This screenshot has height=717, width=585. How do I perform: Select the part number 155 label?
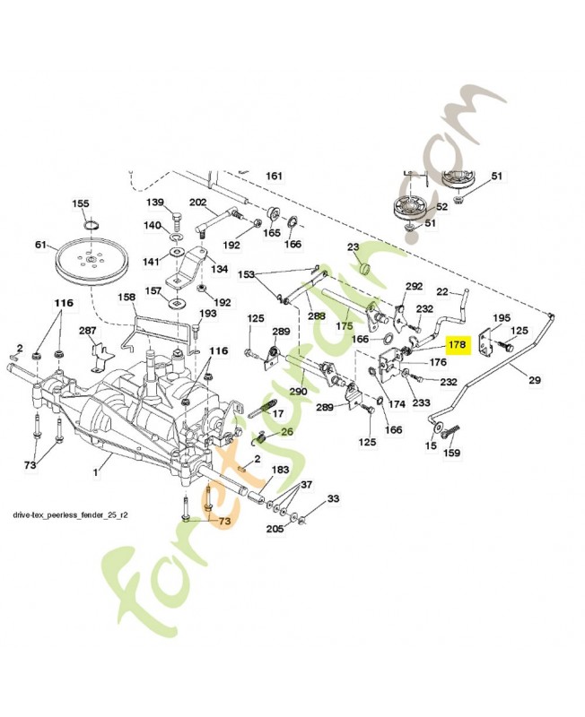(x=81, y=203)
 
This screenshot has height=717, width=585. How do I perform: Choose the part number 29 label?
(x=535, y=381)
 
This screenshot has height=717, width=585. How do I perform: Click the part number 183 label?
(x=279, y=470)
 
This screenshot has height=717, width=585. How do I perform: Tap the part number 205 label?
(x=275, y=530)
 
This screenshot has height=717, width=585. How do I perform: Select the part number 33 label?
(x=332, y=498)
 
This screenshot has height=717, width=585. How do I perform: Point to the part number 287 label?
(x=87, y=332)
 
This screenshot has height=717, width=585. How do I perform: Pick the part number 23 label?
(x=353, y=247)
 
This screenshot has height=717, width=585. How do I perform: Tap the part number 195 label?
(x=502, y=317)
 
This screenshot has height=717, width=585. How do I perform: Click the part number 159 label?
(x=452, y=453)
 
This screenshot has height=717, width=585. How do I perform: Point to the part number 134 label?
(x=219, y=269)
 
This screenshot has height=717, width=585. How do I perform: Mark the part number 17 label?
(x=277, y=413)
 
